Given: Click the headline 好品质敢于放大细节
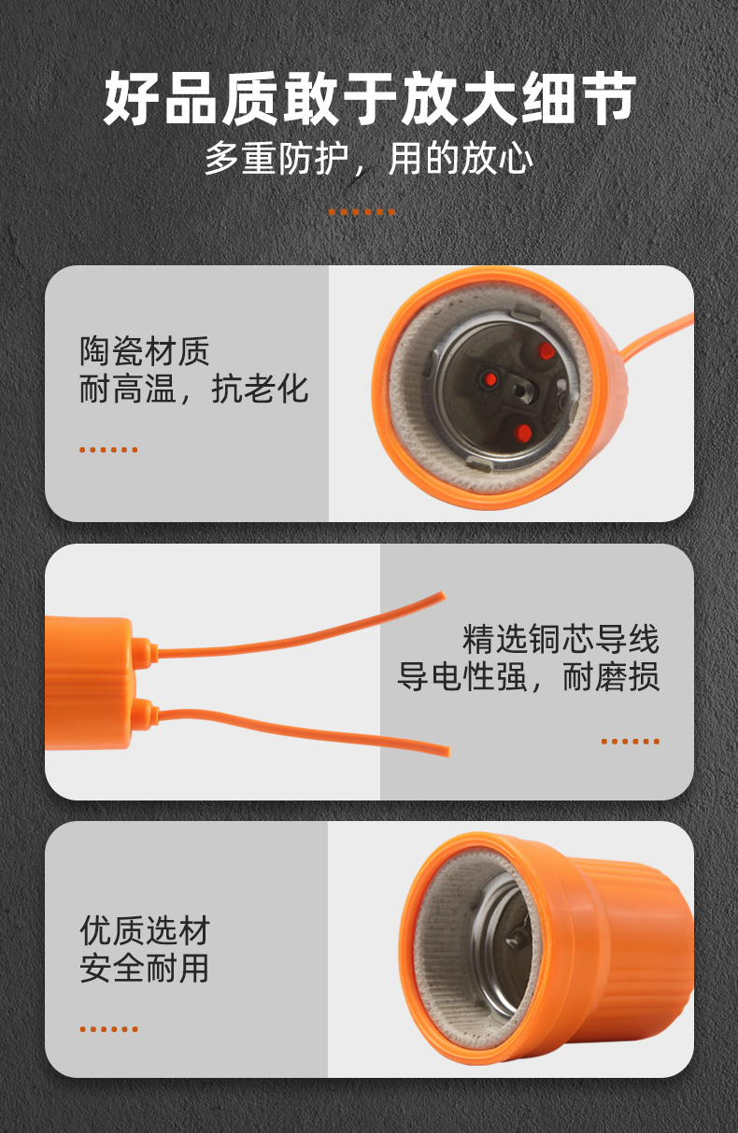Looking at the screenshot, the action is click(x=369, y=98).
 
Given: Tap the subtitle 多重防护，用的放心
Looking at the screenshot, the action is click(x=369, y=158).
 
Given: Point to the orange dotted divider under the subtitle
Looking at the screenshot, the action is click(x=362, y=212).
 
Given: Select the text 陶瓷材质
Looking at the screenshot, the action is click(x=144, y=350).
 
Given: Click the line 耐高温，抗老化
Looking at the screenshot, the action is click(x=193, y=389).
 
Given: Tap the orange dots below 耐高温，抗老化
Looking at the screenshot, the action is click(x=108, y=449).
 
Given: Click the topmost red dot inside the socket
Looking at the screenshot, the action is click(x=546, y=350).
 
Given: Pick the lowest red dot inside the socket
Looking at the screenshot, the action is click(x=522, y=432).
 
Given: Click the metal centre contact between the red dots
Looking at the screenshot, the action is click(x=521, y=390).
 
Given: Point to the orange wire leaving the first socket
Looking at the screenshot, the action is click(x=658, y=334).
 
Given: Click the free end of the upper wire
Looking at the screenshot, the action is click(x=443, y=595).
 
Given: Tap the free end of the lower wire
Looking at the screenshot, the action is click(x=447, y=751).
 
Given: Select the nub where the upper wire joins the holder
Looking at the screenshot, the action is click(x=144, y=653).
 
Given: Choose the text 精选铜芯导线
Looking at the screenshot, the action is click(x=561, y=639).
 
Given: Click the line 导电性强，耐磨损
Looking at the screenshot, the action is click(x=529, y=676).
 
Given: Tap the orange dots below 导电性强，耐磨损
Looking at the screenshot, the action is click(x=631, y=742).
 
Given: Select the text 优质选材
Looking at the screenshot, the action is click(x=144, y=930).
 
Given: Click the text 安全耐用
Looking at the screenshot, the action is click(x=144, y=968).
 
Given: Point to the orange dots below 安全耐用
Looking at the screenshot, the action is click(x=108, y=1029).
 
